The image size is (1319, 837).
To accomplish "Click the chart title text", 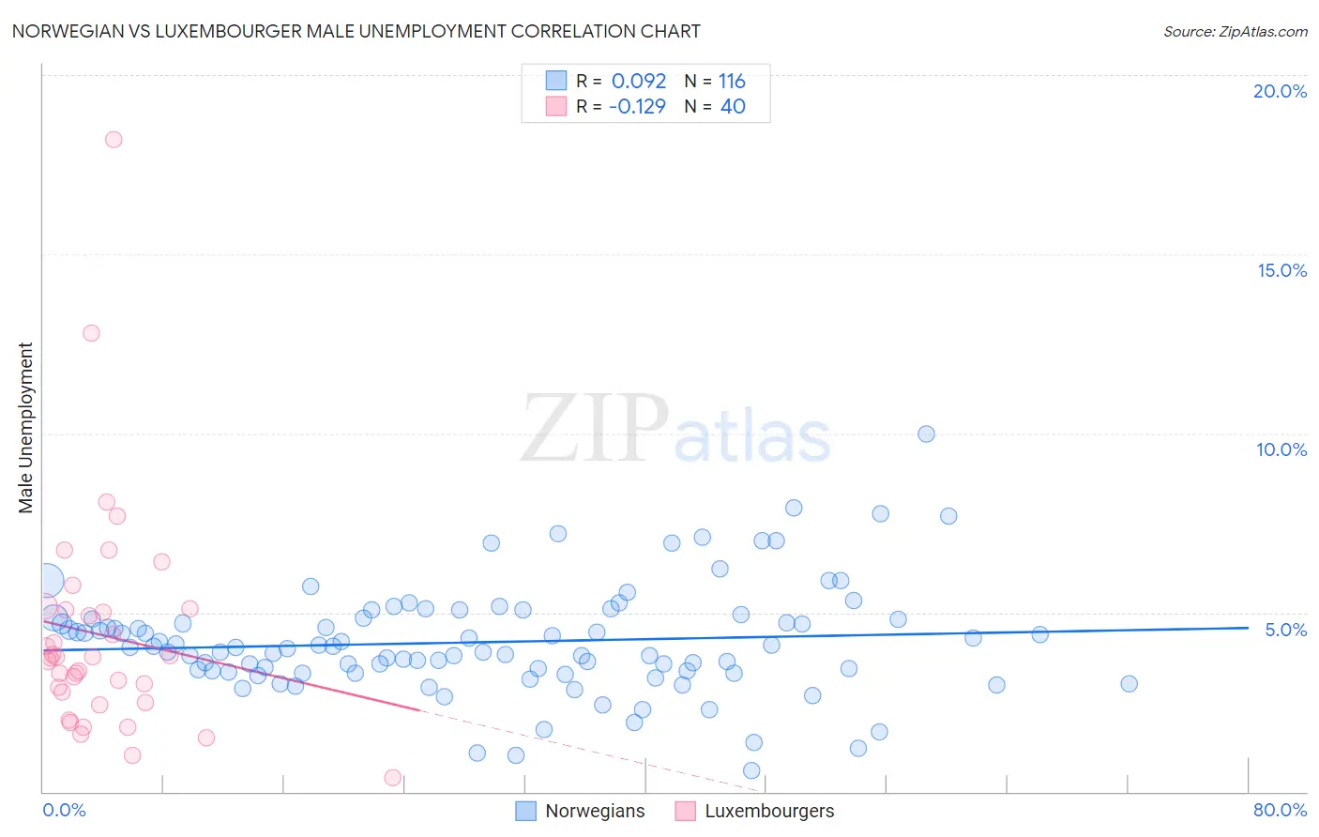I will pos(356,31).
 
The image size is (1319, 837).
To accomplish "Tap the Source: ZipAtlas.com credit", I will pos(1235,31).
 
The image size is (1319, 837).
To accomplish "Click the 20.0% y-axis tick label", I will pos(1280,91).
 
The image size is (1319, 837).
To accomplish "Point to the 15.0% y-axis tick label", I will pos(1281,270).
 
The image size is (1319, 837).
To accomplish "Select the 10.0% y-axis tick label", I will pos(1281,449).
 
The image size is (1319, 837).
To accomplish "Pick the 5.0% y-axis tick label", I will pos(1285,630).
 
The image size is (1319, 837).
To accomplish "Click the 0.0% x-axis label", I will pos(64,810).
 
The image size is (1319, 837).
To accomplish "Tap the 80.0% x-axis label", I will pos(1280,810).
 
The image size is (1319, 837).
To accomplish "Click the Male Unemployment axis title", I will pos(25,428).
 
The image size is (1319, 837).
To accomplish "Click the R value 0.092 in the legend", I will pos(639,82).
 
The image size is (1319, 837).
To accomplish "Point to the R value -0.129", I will pos(637,107).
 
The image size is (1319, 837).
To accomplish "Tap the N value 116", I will pos(732,82).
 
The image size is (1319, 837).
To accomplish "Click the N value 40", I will pos(733,107).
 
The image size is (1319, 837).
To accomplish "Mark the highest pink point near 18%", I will pos(114,140).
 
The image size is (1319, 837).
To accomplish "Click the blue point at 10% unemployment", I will pos(926,434).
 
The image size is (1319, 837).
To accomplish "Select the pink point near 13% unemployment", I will pos(91,333).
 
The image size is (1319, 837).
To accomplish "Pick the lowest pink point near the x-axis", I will pos(393,777).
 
